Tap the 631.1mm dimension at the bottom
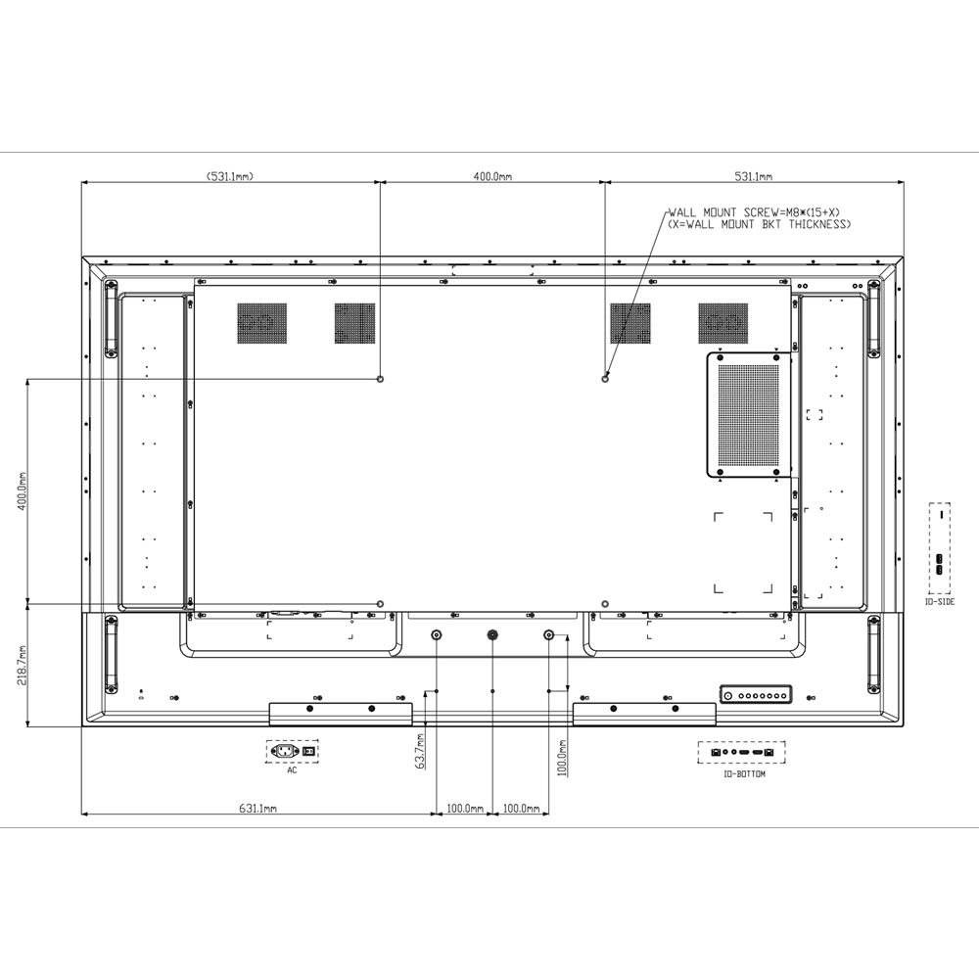click(x=257, y=809)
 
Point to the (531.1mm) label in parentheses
click(x=230, y=176)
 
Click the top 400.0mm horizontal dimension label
click(x=492, y=176)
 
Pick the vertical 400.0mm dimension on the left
click(x=22, y=491)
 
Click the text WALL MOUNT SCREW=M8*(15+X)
click(x=754, y=212)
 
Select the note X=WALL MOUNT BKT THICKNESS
click(x=760, y=224)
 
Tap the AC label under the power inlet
click(x=292, y=770)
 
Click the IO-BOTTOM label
click(x=744, y=774)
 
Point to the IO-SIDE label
click(x=940, y=602)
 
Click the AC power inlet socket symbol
click(x=285, y=751)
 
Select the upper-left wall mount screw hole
click(x=380, y=379)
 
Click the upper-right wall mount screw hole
click(x=604, y=379)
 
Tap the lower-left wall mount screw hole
click(x=380, y=604)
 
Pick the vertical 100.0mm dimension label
click(x=563, y=758)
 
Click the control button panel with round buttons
click(x=756, y=694)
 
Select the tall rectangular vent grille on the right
click(x=749, y=415)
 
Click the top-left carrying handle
click(x=112, y=319)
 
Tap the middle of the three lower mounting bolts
click(x=492, y=635)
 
